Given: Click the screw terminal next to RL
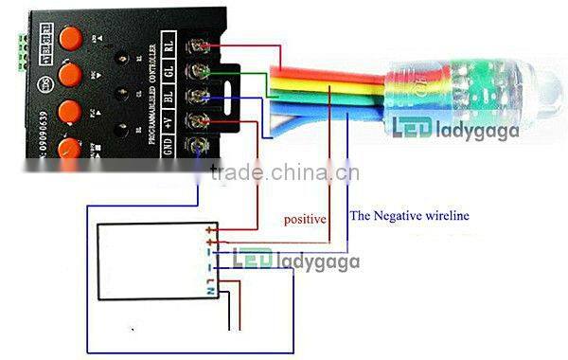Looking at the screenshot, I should tap(201, 45).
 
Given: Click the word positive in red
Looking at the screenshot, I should tap(305, 219).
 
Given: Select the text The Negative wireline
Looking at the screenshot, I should tap(410, 216).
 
